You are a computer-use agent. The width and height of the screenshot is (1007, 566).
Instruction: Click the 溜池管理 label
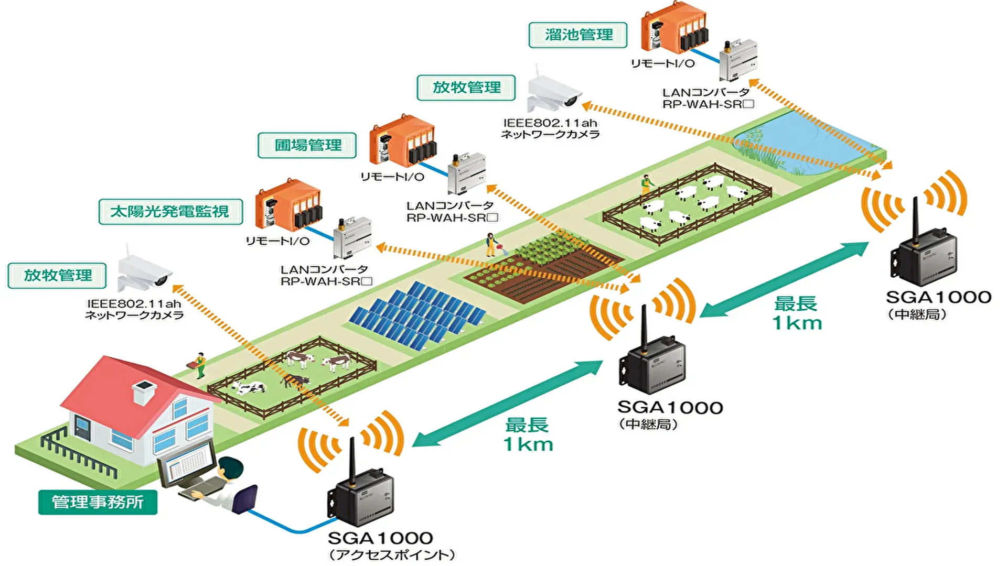(578, 35)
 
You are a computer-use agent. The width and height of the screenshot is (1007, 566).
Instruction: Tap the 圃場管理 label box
(307, 145)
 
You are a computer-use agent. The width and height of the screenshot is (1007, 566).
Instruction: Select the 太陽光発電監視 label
(170, 212)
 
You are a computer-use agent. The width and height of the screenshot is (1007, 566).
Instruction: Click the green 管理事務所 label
(98, 502)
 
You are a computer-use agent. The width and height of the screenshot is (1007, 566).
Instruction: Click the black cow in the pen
(295, 380)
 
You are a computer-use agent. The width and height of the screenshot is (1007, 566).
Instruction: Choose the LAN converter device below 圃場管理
(466, 173)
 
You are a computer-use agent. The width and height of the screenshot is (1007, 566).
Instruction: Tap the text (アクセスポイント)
(392, 555)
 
